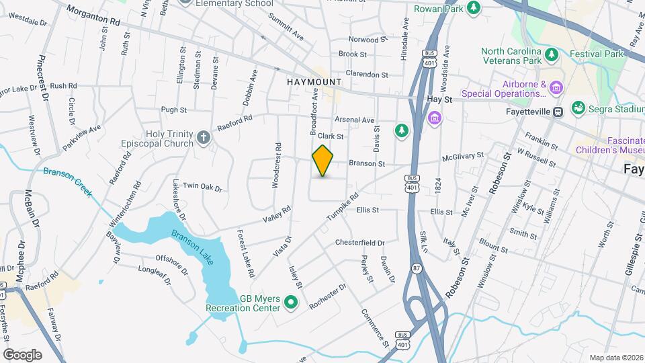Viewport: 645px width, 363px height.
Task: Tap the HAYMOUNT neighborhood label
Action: click(x=314, y=81)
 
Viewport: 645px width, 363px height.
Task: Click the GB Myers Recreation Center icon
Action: click(x=291, y=303)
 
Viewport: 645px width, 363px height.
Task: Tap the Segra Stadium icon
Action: click(x=578, y=108)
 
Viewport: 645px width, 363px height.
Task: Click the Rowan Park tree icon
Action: click(x=474, y=8)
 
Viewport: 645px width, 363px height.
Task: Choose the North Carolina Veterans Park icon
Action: click(x=552, y=54)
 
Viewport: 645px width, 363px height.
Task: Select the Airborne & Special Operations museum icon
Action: click(x=555, y=87)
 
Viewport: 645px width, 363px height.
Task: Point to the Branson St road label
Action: click(x=366, y=163)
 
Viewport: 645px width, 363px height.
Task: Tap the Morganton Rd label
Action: click(x=93, y=15)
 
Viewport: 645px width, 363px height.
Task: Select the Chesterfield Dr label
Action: click(x=359, y=243)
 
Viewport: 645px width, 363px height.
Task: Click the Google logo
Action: click(x=22, y=354)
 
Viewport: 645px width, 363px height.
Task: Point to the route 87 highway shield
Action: click(x=417, y=268)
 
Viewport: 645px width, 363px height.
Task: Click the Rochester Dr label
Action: click(x=328, y=296)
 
